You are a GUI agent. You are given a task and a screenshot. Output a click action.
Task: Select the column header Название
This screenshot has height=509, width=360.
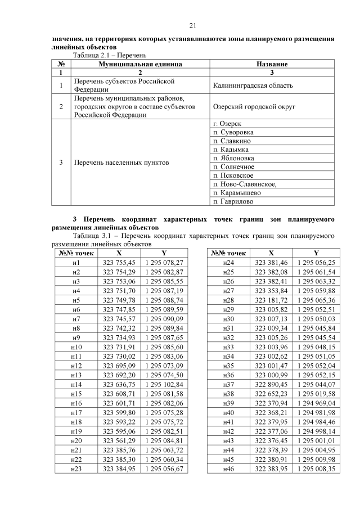coord(272,65)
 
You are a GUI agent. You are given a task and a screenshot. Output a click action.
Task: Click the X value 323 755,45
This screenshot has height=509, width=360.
coord(119,263)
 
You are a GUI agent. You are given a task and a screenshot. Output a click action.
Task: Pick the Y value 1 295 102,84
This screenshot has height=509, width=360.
coord(164,384)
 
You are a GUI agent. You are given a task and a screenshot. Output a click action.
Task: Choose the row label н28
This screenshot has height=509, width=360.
coord(228,300)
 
